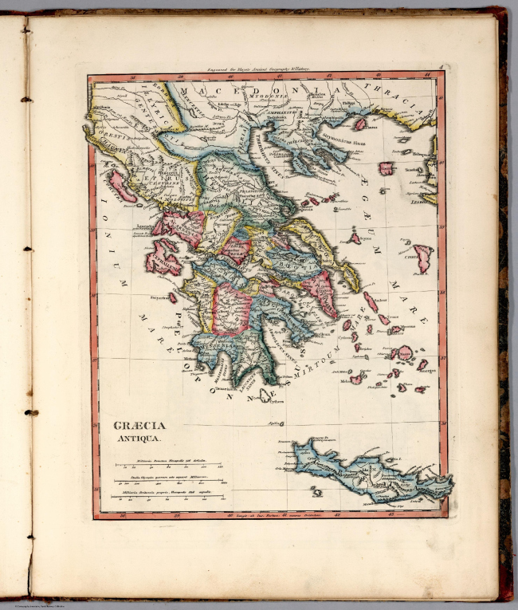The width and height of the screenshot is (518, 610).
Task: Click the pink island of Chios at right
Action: pos(422,257)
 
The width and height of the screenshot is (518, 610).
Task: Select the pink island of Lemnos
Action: pos(386,168)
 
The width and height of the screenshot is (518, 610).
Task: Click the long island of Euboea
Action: pos(335,255)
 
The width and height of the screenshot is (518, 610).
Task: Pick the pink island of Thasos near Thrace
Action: pos(360,124)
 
